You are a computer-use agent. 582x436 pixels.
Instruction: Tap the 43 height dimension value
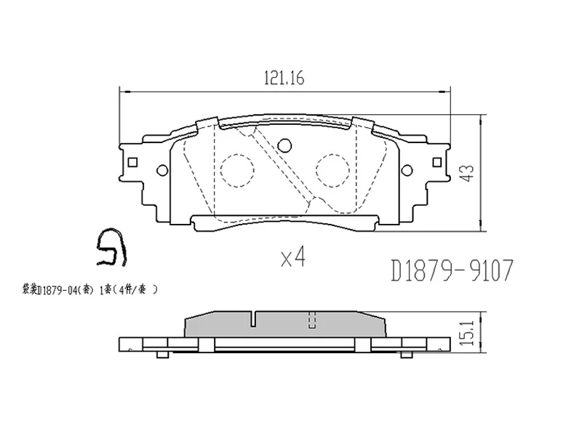click(468, 173)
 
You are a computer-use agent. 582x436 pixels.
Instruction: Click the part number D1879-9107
click(453, 272)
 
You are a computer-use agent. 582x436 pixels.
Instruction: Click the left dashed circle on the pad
click(236, 169)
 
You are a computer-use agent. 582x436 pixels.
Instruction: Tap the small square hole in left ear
click(132, 162)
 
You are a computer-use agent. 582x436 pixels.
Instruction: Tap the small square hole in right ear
click(437, 162)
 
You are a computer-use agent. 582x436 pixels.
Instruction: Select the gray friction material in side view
click(284, 324)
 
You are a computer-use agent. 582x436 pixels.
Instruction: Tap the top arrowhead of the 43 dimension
click(478, 117)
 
